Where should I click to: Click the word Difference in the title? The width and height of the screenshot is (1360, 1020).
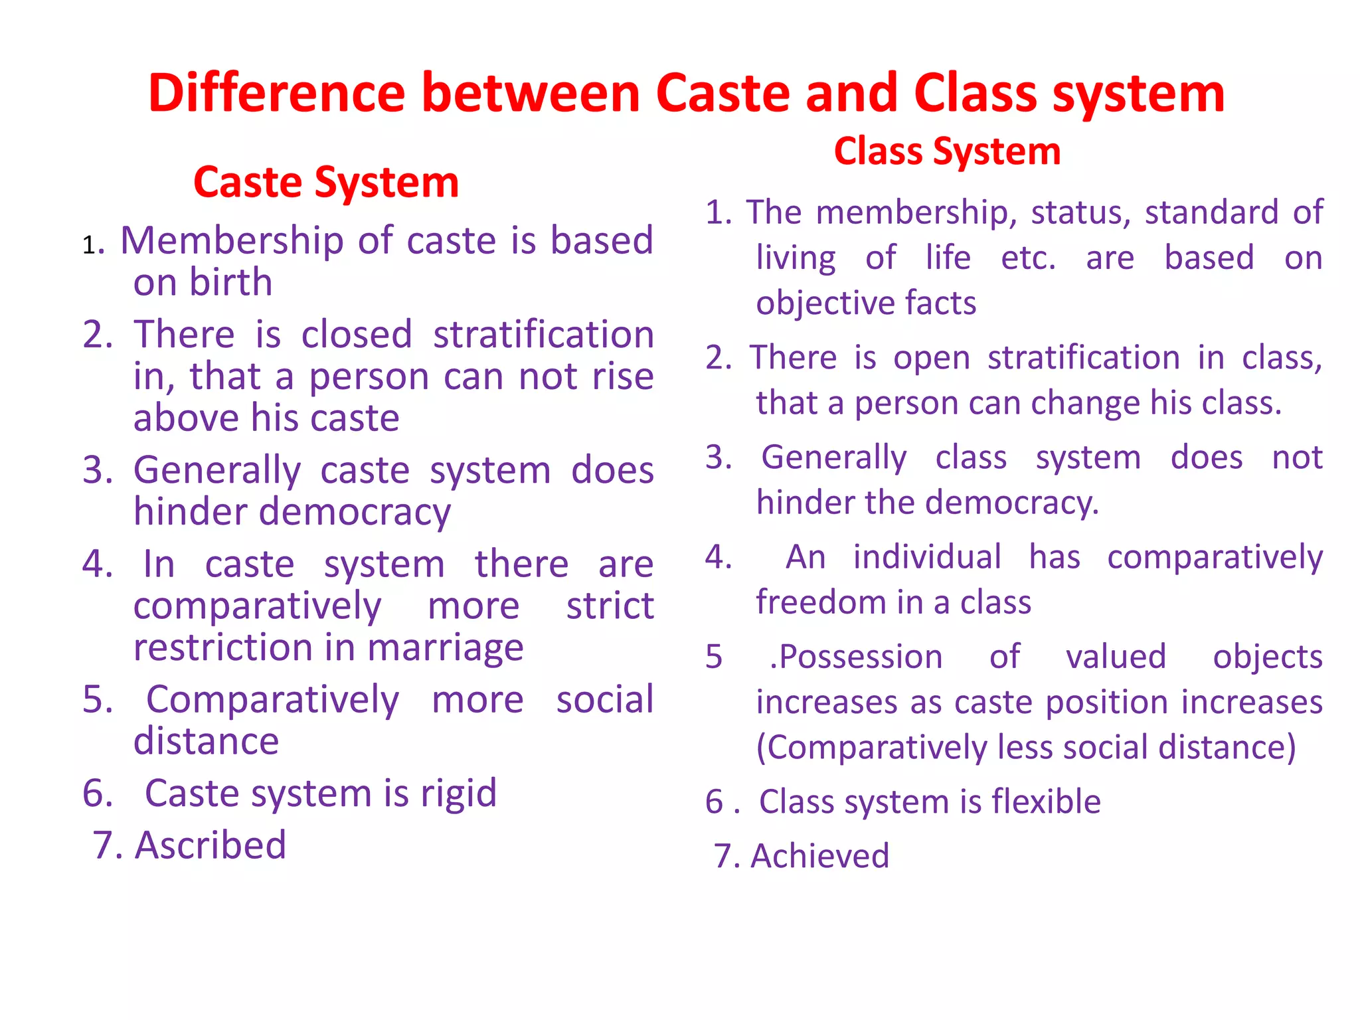pos(276,94)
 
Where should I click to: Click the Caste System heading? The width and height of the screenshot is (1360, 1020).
pos(326,183)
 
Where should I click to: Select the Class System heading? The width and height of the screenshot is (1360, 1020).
pos(947,151)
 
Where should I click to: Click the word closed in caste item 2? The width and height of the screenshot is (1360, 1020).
pos(357,334)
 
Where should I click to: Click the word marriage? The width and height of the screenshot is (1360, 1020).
pos(446,648)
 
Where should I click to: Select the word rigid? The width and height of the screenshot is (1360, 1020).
pos(458,794)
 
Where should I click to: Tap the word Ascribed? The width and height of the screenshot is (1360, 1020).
pos(211,846)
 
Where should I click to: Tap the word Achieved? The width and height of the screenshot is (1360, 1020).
pos(819,856)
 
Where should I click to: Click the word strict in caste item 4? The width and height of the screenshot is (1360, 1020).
pos(610,606)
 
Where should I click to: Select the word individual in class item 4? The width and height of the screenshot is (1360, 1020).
pos(927,557)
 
